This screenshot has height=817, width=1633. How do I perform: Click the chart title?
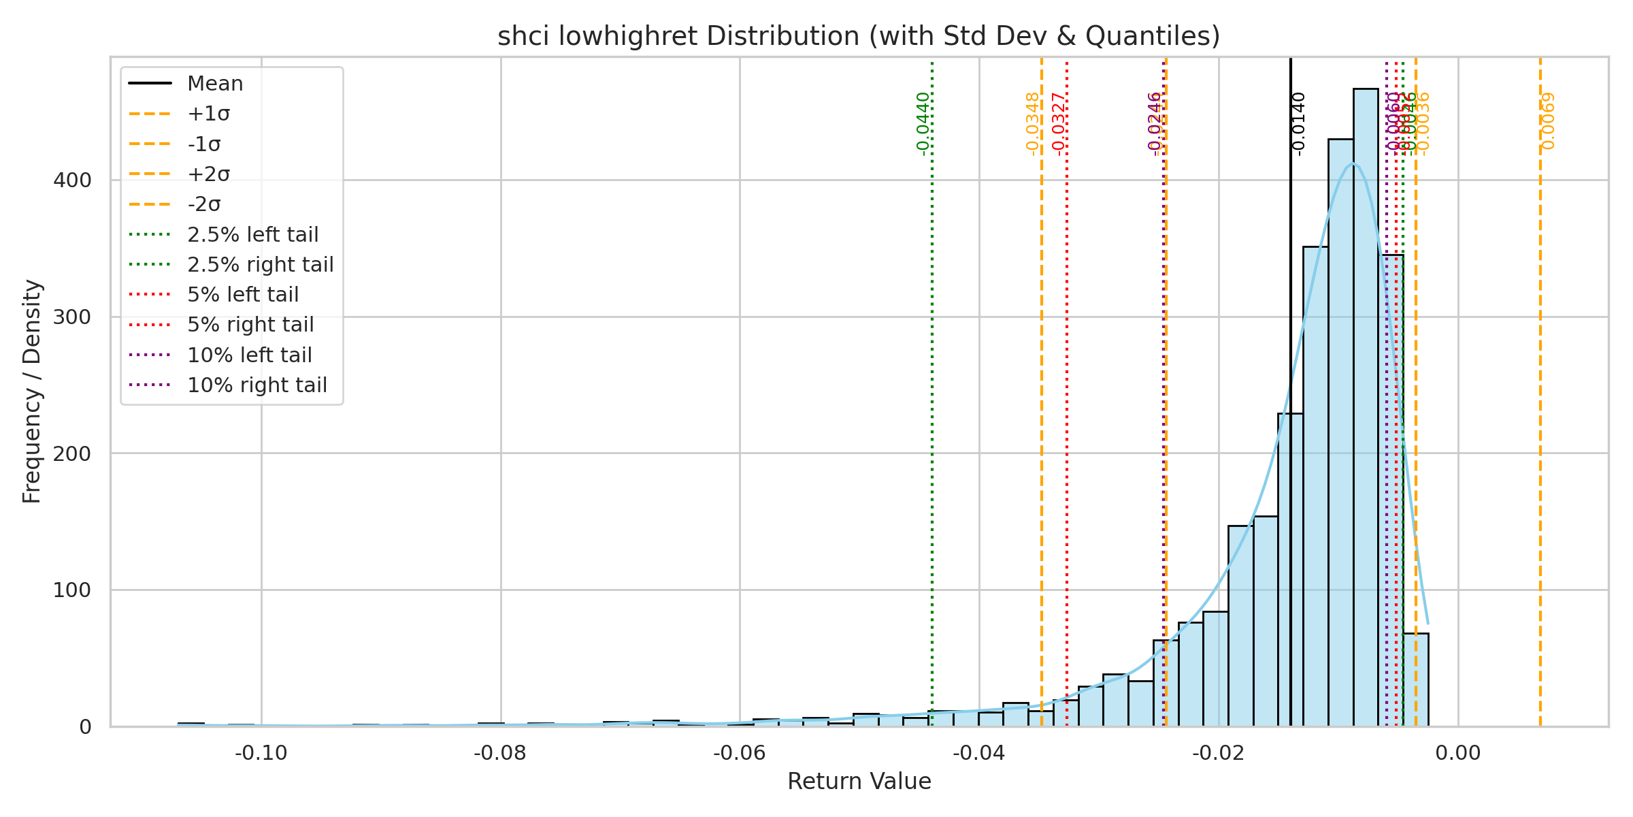pos(859,36)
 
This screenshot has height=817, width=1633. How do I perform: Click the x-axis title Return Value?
pos(859,782)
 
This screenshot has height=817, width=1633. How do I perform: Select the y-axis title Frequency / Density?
pos(32,391)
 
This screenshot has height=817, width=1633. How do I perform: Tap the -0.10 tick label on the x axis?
pos(261,753)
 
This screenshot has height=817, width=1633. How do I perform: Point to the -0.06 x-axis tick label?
pos(740,753)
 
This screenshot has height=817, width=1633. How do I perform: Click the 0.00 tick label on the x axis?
pos(1458,753)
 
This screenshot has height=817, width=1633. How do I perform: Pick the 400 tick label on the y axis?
pos(72,180)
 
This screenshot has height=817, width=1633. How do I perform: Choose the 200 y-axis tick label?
pos(72,453)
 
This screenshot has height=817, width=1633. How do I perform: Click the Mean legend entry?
pos(215,84)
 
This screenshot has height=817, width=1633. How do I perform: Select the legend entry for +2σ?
pos(208,174)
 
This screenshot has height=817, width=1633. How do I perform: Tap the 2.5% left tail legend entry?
pos(252,235)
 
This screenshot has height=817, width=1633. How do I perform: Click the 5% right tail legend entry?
pos(250,325)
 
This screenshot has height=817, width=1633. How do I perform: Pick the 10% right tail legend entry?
pos(257,385)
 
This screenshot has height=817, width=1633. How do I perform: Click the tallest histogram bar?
pos(1366,408)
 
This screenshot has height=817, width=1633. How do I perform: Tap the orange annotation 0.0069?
pos(1548,121)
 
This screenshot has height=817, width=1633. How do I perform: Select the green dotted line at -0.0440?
pos(932,408)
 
